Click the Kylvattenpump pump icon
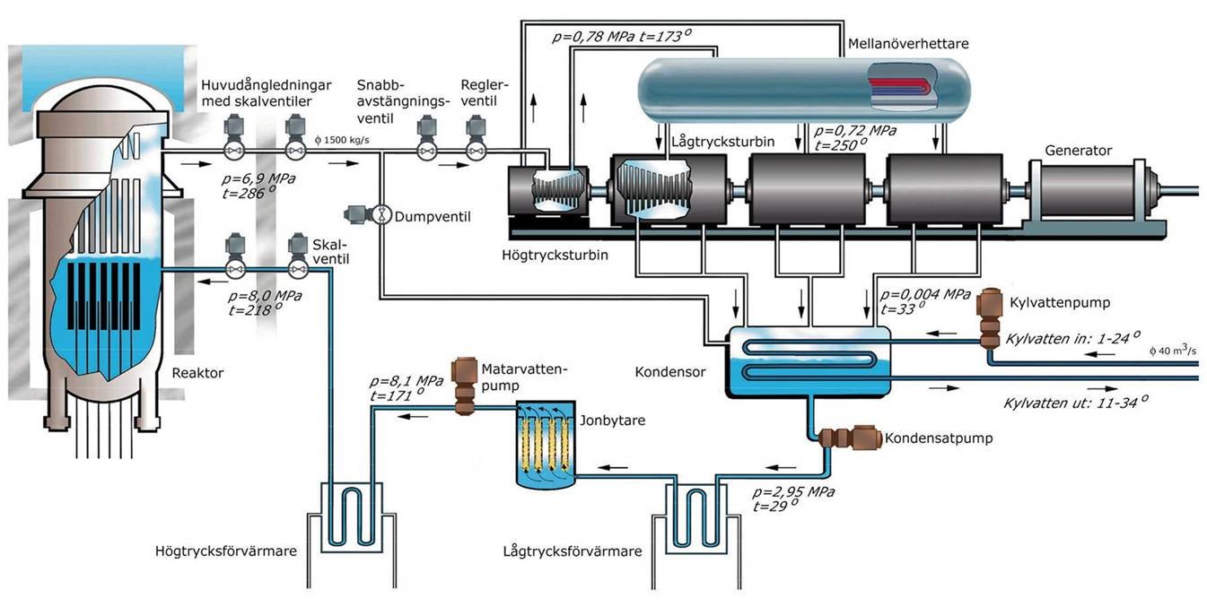[990, 318]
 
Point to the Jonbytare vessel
[545, 446]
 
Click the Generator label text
[1078, 151]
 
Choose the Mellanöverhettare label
[907, 43]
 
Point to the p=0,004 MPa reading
[926, 294]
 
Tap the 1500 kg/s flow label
[342, 142]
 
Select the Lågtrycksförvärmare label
[573, 551]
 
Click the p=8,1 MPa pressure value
[406, 380]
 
